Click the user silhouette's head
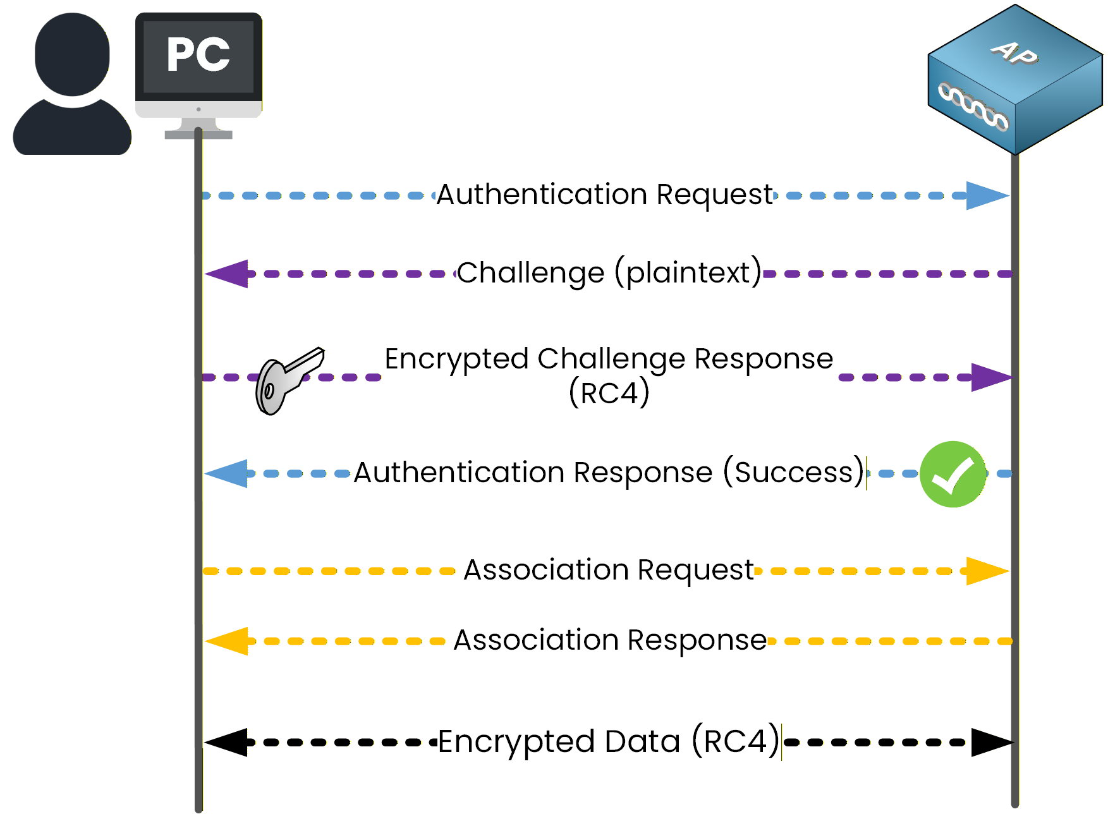(72, 54)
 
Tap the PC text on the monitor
(198, 55)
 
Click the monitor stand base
(198, 134)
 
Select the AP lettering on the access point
(1014, 53)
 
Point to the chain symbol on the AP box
(973, 107)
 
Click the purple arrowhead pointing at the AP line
(990, 377)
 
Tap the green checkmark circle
(953, 474)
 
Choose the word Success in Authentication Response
(794, 473)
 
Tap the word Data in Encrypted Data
(642, 741)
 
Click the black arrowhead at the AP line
(990, 742)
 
